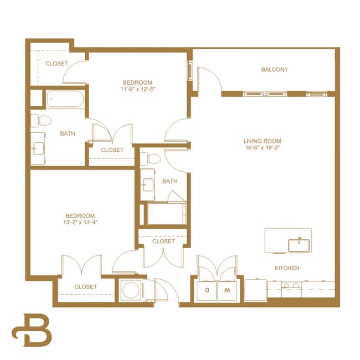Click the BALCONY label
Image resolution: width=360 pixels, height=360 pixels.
point(274,70)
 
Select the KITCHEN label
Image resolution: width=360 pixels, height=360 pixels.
point(287,268)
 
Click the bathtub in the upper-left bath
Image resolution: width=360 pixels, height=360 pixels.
point(65,100)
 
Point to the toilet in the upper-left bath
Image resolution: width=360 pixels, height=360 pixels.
point(41,120)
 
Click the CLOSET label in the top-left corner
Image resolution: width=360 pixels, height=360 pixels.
point(56,64)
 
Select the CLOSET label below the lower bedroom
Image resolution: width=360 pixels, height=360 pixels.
point(85,287)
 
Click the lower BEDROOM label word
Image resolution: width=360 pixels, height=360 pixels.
point(80,215)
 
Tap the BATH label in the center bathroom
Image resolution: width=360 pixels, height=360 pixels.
point(169,181)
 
